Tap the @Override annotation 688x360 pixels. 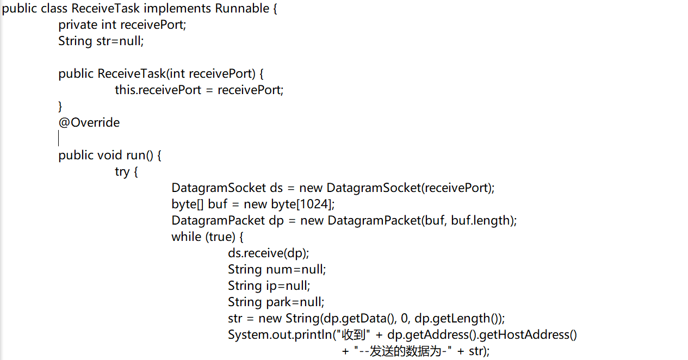click(x=89, y=122)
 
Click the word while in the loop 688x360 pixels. click(x=187, y=237)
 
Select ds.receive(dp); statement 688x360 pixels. click(x=268, y=253)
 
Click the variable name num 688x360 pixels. click(x=279, y=269)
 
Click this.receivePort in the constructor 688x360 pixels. click(x=158, y=90)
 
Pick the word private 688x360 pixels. click(x=78, y=25)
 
